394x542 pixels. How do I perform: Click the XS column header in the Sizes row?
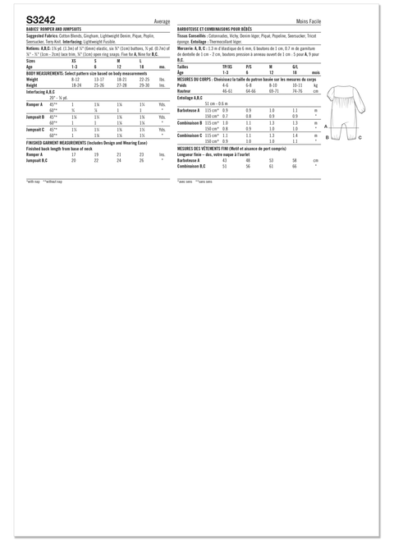coord(75,61)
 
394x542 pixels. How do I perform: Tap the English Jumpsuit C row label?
coord(36,128)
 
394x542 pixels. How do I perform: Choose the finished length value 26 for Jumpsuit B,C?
coord(141,159)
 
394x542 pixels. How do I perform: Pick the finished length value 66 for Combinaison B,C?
coord(294,165)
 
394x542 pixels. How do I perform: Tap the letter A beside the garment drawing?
coord(326,126)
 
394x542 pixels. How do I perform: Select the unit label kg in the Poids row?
coord(315,85)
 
